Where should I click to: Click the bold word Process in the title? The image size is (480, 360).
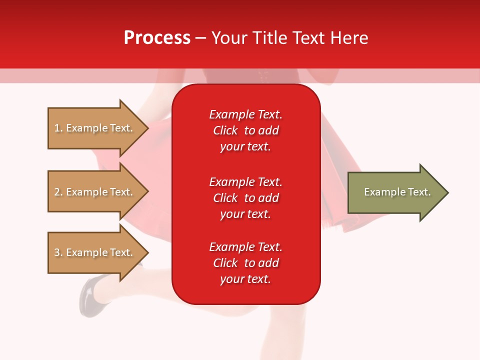(x=157, y=38)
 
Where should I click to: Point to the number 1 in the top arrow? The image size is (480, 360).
(x=57, y=128)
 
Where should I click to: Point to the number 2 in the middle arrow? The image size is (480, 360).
(x=57, y=192)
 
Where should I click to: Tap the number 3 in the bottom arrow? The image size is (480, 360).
(x=57, y=252)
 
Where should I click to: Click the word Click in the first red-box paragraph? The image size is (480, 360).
(x=225, y=130)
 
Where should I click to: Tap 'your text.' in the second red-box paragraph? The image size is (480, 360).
(x=245, y=214)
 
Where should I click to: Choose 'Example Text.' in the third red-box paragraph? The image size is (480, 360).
(x=245, y=247)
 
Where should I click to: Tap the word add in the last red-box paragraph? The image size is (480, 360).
(x=269, y=263)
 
